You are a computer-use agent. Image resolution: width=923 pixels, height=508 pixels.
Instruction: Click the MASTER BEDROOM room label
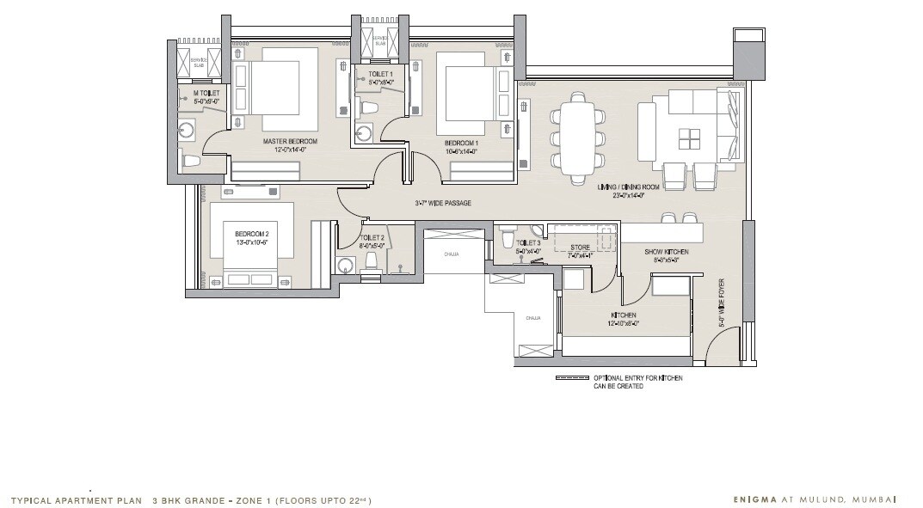pos(290,142)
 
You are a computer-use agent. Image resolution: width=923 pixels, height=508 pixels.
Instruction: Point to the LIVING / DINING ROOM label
pos(628,187)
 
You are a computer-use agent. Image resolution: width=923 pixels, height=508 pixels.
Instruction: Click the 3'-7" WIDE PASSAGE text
pos(443,203)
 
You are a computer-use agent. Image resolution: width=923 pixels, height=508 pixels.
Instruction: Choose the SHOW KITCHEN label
pos(662,252)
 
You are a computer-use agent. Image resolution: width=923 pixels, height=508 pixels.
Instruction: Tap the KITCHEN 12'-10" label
pos(624,316)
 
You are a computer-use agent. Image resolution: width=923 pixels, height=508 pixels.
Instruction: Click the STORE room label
pos(580,248)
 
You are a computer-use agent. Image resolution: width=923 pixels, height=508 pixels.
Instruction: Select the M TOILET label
pos(206,93)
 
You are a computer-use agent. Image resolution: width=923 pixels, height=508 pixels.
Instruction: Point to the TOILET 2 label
pos(372,238)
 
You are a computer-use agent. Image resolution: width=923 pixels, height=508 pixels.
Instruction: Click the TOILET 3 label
pos(528,243)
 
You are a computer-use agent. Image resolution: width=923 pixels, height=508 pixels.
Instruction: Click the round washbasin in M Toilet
pos(188,130)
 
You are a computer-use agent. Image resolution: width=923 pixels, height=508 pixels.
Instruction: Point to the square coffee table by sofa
pos(689,139)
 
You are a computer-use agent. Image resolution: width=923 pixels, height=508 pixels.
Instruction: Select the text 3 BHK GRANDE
pos(184,499)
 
